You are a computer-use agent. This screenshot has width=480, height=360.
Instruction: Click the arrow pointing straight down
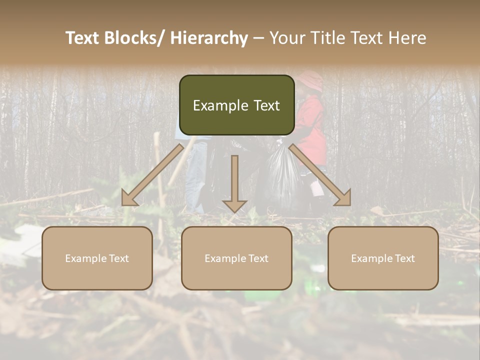pos(234,185)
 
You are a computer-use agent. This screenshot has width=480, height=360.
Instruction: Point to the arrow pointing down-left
pos(152,175)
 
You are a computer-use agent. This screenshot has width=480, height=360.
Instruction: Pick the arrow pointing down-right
pos(320,175)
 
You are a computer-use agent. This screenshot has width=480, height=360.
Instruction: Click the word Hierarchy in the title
pos(209,38)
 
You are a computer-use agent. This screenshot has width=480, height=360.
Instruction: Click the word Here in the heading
pos(407,38)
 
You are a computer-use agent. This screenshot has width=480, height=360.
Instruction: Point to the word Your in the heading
pos(288,38)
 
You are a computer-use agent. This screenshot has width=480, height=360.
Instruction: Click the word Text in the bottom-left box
pos(117,258)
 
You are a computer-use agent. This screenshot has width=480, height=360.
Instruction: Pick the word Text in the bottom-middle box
pos(257,258)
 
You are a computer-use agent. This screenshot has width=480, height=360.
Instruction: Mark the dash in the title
pos(258,38)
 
